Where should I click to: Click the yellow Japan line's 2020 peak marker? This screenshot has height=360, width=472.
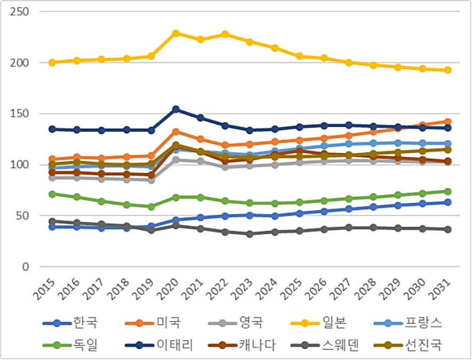click(x=176, y=33)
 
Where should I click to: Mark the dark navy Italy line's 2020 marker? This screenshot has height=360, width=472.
click(x=176, y=109)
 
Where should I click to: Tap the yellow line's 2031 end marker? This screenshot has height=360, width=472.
click(x=448, y=70)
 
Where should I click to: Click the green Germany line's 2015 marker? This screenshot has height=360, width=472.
click(x=52, y=194)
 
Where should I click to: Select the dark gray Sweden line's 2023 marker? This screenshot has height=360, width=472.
click(x=250, y=234)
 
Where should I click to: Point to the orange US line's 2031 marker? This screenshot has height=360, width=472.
click(x=448, y=122)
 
